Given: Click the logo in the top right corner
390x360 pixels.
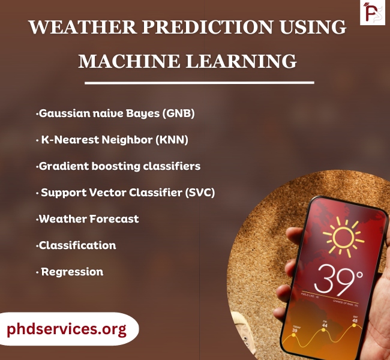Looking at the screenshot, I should [372, 13].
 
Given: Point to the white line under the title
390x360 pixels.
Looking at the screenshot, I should [199, 82].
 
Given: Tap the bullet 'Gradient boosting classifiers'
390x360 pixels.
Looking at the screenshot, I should [119, 166].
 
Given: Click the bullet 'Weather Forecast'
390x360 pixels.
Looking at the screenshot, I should [88, 219].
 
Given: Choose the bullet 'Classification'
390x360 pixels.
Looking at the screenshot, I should [77, 245].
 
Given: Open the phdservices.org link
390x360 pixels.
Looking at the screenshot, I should [67, 329].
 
